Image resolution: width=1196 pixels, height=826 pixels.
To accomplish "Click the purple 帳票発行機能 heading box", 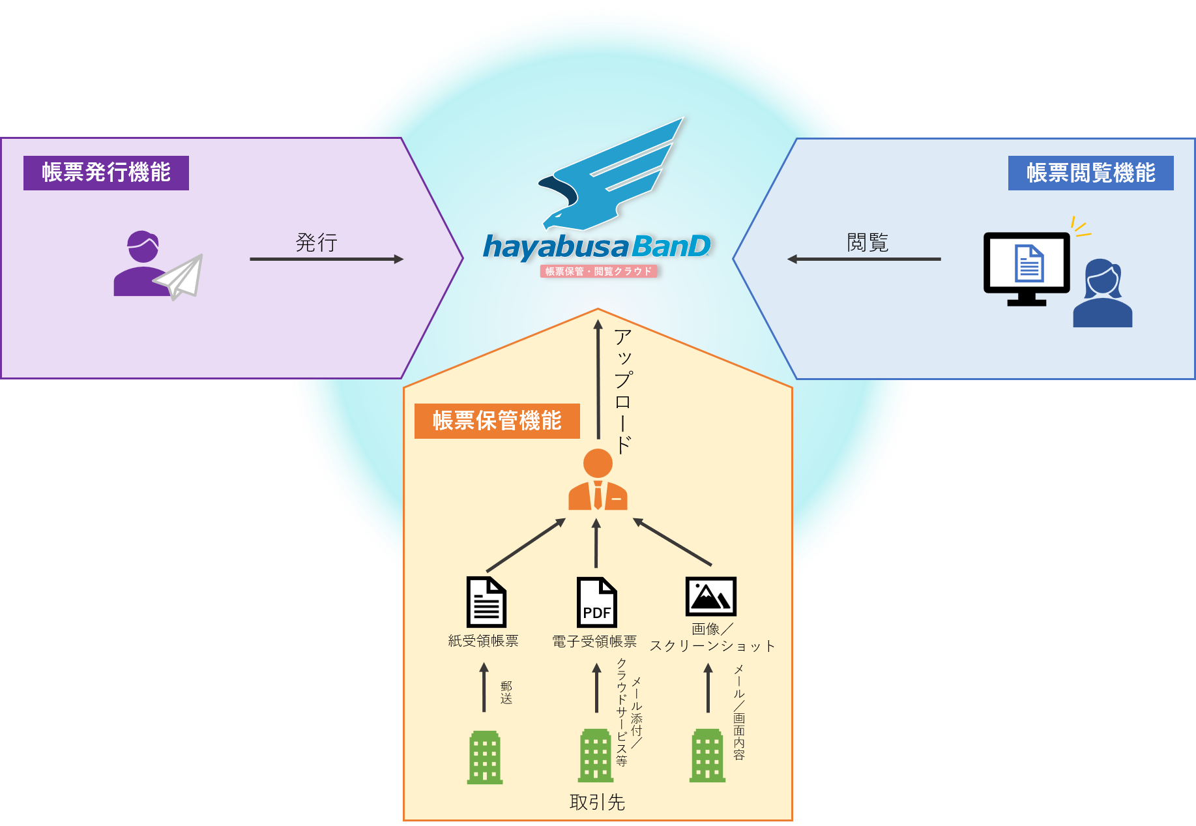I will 106,173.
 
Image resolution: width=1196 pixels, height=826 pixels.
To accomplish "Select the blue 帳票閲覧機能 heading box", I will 1090,173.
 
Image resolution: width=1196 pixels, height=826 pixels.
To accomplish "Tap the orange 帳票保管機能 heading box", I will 497,420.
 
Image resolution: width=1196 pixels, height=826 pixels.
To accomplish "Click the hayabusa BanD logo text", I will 596,247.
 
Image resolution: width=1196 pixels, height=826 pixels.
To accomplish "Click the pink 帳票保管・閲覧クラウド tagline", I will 598,271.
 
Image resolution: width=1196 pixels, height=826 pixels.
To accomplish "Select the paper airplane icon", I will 180,276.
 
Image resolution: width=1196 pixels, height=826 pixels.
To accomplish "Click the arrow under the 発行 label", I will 327,259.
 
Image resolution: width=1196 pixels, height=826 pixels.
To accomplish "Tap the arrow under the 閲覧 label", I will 864,259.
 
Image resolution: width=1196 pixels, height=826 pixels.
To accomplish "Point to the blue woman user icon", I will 1103,293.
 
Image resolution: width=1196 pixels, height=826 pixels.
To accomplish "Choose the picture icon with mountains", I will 710,596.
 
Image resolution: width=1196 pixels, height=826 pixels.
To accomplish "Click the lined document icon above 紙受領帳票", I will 486,602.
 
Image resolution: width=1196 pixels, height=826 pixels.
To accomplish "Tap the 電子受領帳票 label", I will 594,642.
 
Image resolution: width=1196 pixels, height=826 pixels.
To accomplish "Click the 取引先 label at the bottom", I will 597,802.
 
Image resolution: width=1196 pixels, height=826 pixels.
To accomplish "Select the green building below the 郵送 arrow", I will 485,757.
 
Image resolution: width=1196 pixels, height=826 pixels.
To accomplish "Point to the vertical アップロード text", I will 623,391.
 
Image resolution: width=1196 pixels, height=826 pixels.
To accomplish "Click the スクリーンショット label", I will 712,646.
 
